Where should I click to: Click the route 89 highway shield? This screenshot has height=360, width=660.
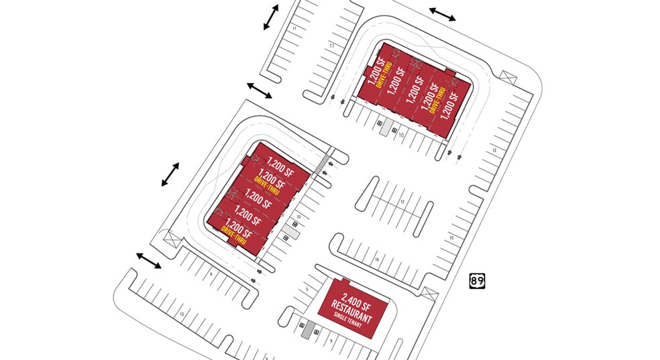[477, 281]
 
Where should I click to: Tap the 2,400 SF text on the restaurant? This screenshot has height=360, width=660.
[356, 300]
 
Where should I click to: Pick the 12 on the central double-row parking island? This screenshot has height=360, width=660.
[401, 202]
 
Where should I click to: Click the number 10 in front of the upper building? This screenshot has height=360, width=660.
[400, 135]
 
